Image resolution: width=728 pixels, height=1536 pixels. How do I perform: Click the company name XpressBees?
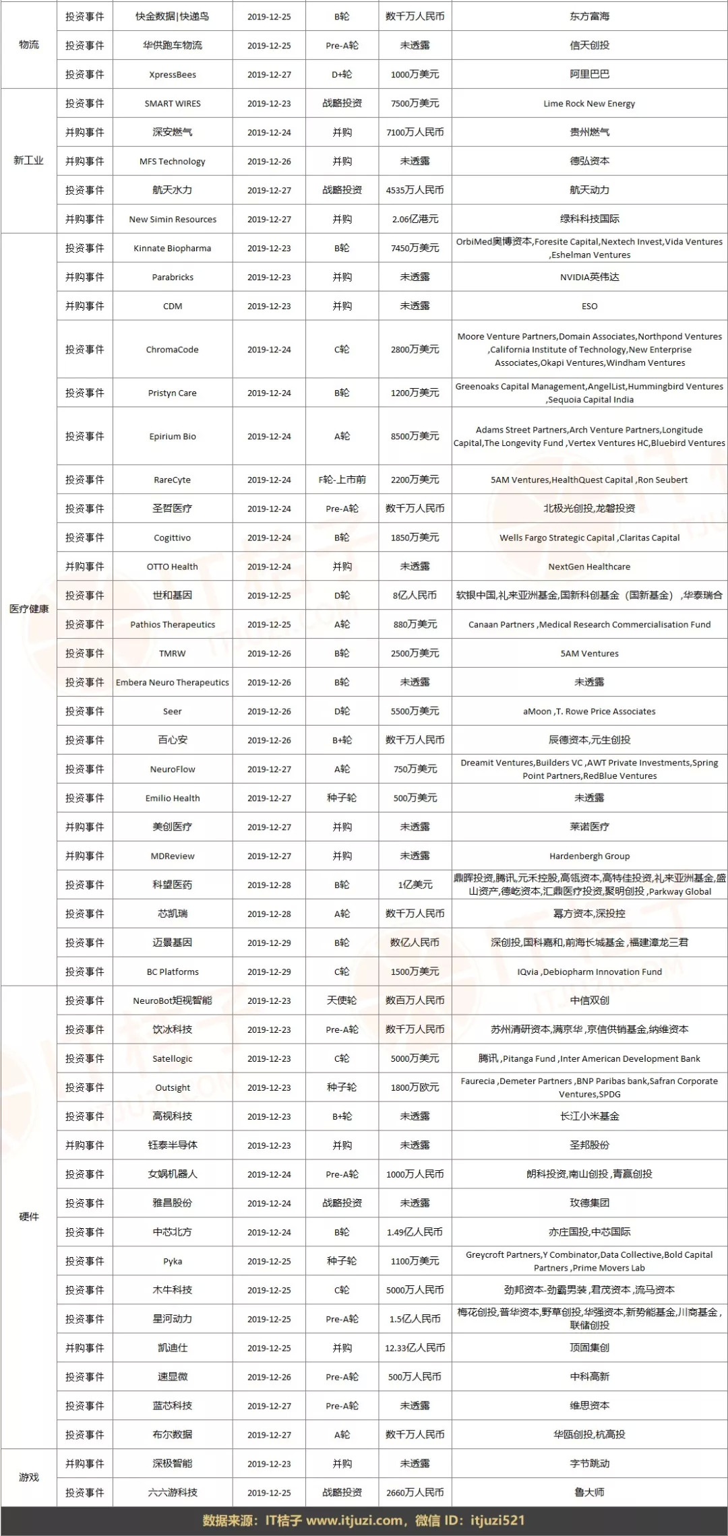[173, 75]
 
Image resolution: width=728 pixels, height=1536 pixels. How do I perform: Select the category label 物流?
[29, 44]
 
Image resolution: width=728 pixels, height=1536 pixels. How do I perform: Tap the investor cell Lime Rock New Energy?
[589, 104]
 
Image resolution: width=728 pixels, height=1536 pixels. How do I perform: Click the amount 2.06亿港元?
[415, 219]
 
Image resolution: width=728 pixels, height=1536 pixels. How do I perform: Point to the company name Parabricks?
[173, 277]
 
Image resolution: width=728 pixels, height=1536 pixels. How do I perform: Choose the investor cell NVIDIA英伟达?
[589, 277]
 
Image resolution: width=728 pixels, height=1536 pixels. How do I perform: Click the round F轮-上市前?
[342, 480]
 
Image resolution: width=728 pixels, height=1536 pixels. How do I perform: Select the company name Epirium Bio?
[173, 437]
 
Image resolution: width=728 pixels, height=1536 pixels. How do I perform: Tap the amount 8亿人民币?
[415, 596]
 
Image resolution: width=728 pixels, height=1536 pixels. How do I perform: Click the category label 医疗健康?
[29, 609]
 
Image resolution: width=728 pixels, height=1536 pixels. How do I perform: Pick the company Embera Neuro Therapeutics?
[173, 682]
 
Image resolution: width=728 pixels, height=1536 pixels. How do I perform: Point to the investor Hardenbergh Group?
[589, 856]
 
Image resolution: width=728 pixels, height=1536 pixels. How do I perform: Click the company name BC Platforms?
[173, 972]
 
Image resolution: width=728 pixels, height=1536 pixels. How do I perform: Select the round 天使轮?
[342, 1000]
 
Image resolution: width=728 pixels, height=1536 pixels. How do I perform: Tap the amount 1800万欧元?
[415, 1087]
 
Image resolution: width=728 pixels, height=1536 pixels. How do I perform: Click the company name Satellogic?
[173, 1058]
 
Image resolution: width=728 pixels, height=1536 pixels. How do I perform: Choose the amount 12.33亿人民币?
[415, 1348]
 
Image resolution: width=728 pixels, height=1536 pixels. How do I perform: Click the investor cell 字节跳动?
[589, 1464]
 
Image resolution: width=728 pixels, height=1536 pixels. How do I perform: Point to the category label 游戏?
[29, 1477]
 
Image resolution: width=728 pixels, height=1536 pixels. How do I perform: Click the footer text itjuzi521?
[497, 1521]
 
